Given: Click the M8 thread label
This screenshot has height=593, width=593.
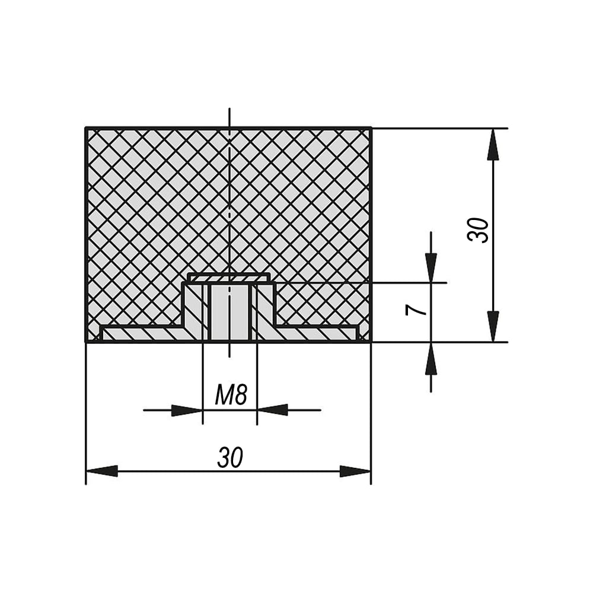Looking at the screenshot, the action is (231, 394).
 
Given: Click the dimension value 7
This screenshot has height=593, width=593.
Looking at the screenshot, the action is (416, 311).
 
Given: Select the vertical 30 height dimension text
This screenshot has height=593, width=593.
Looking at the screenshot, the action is (478, 230).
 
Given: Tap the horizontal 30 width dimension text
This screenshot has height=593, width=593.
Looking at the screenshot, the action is (230, 457).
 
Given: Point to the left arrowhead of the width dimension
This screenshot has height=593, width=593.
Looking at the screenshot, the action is (102, 471).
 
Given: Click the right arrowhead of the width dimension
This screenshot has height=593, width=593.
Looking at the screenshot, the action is (355, 471).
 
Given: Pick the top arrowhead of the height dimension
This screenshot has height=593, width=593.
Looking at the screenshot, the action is (493, 145).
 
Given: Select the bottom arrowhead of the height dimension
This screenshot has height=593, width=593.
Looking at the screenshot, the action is (493, 326).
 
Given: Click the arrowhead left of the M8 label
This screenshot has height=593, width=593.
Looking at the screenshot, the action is (187, 410).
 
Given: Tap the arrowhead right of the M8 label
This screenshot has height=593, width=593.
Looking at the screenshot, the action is (273, 410).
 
